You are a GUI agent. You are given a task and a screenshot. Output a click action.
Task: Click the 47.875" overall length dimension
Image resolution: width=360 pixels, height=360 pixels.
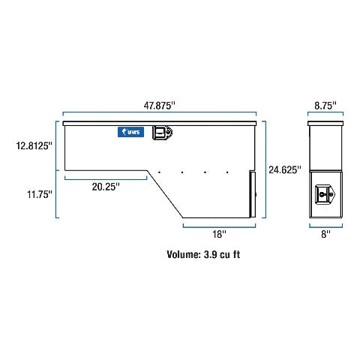(x=159, y=106)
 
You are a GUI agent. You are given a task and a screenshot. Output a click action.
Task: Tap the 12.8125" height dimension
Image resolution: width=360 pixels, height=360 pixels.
(x=34, y=145)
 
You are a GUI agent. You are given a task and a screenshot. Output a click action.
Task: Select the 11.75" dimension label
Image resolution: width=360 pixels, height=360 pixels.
(x=40, y=194)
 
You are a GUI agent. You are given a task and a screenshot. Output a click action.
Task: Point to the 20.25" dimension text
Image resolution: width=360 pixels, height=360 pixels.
(x=106, y=187)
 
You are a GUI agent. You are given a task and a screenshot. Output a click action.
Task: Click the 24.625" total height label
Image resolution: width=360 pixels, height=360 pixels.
(x=285, y=169)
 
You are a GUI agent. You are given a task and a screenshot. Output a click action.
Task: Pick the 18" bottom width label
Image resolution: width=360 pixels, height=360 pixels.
(x=219, y=234)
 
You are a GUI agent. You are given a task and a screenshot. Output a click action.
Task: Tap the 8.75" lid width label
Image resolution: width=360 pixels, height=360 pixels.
(x=325, y=106)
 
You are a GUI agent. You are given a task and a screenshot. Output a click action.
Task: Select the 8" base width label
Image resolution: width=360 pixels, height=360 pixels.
(x=325, y=234)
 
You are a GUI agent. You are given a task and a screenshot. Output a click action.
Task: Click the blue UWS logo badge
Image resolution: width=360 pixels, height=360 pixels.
(x=130, y=132)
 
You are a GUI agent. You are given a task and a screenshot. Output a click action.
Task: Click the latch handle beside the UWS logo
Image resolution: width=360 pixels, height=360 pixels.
(x=163, y=133)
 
